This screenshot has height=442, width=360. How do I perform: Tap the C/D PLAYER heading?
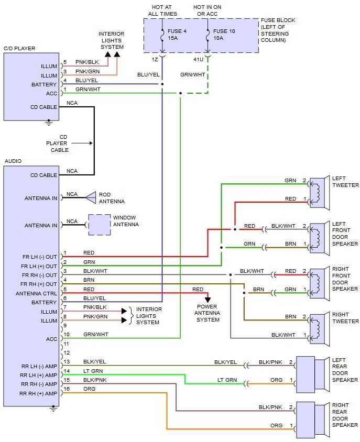[19, 49]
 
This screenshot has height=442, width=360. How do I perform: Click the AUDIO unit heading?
[13, 161]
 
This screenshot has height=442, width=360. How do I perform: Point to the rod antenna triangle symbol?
[91, 197]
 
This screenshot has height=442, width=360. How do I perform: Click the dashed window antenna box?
[99, 225]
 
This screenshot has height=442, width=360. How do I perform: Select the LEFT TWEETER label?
[345, 182]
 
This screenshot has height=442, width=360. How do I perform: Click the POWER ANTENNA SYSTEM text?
[208, 313]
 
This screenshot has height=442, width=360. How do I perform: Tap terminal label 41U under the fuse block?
[199, 59]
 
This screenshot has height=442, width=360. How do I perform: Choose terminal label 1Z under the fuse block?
[156, 59]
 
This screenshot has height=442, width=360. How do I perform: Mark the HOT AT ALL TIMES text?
[162, 10]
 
